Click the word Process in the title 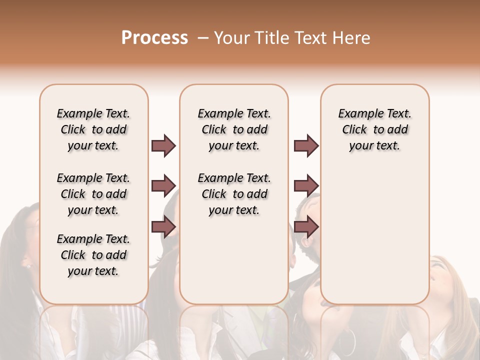click(x=154, y=38)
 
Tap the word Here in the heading click(x=352, y=38)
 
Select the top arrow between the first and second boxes click(x=163, y=146)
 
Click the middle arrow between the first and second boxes click(x=163, y=186)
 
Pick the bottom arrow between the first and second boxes click(x=163, y=227)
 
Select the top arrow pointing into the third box click(x=306, y=146)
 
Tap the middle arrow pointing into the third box click(x=306, y=186)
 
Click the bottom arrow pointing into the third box click(x=306, y=227)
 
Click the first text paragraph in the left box click(x=93, y=129)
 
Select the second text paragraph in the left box click(x=93, y=194)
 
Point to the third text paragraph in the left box click(x=93, y=255)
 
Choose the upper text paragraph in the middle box click(x=234, y=129)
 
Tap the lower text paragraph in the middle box click(x=234, y=194)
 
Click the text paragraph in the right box click(x=375, y=129)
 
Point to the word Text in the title click(x=312, y=38)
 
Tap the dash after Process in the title click(x=203, y=38)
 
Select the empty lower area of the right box click(x=375, y=240)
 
